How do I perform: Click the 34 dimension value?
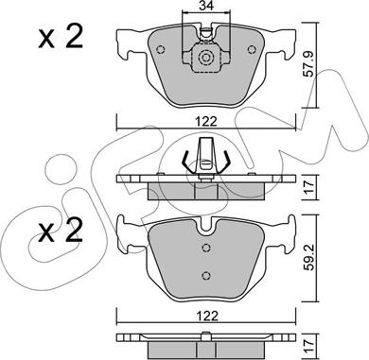click(206, 5)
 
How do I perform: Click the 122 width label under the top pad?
click(206, 121)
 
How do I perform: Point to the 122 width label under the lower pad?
click(206, 316)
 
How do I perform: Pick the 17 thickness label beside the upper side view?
click(309, 187)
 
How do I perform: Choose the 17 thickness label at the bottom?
click(309, 347)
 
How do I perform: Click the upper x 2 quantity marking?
click(61, 37)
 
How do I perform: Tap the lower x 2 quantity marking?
click(61, 231)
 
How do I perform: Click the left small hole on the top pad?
click(161, 50)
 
